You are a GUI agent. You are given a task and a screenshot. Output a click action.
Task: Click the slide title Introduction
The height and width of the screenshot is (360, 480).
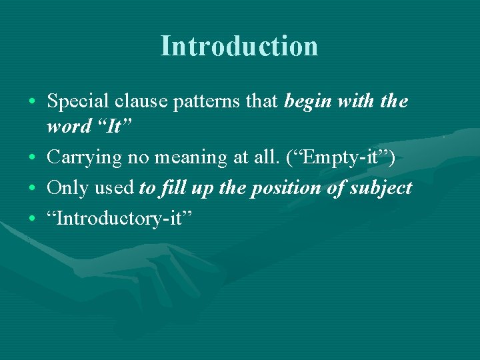coord(239,46)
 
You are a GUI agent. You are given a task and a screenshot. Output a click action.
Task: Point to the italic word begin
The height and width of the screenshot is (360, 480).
coord(309,102)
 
